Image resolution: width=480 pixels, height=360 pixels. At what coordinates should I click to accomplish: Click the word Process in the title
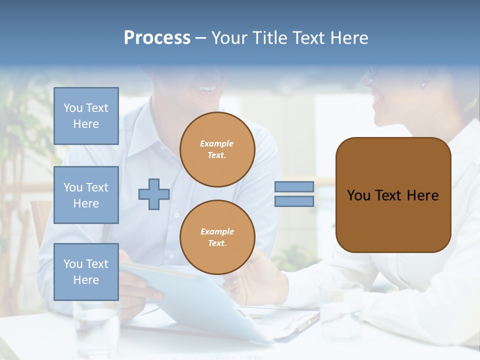pos(157,38)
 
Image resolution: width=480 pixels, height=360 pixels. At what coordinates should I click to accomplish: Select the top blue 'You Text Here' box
pos(86,116)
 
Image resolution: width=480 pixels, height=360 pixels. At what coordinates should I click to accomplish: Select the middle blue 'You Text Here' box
pos(86,195)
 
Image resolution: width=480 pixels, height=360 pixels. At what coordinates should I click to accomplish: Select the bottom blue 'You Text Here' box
pos(86,272)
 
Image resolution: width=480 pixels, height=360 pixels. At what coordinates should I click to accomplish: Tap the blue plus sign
pos(154,194)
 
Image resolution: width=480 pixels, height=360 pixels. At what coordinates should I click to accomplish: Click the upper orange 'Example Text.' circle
pos(217,149)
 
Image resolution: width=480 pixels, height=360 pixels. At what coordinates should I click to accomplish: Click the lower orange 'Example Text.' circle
pos(217,237)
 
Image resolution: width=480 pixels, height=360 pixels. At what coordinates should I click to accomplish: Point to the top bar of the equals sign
pos(294,186)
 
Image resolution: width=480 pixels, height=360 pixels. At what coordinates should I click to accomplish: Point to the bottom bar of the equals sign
pos(294,201)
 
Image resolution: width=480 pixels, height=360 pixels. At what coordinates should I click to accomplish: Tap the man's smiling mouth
pos(205,89)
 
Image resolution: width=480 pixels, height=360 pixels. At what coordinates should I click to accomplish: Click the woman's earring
pos(423,83)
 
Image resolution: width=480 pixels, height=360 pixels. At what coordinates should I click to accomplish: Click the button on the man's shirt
pos(176,215)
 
